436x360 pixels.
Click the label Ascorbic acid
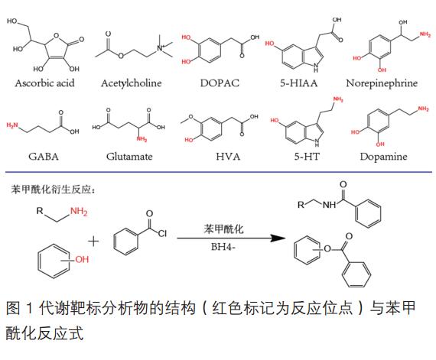coord(45,83)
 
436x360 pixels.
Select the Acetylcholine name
coord(132,83)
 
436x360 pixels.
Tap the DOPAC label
coord(220,83)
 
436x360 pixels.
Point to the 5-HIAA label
coord(298,83)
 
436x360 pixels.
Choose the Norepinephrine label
coord(382,83)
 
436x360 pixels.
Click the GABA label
coord(44,157)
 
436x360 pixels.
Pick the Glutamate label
coord(129,157)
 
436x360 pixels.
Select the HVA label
coord(228,157)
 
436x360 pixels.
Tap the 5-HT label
coord(307,157)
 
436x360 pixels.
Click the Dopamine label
coord(383,157)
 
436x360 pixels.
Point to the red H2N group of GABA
coord(12,125)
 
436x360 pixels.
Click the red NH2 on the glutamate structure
coord(142,138)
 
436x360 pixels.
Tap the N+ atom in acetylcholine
coord(161,47)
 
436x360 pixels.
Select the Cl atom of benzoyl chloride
coord(162,233)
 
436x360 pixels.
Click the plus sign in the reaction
coord(93,241)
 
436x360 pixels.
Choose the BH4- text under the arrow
coord(223,247)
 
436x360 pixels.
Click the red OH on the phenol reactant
coord(82,260)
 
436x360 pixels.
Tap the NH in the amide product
coord(330,205)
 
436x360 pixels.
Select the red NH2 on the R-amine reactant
coord(79,212)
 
